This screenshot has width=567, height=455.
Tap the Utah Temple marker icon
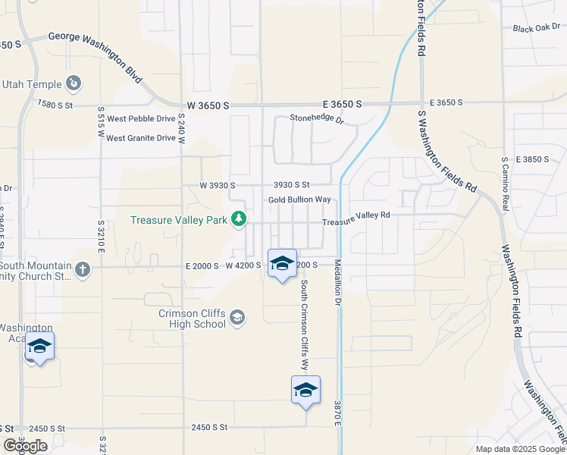[74, 82]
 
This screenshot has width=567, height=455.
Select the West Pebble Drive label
[141, 119]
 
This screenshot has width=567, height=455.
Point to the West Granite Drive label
[141, 138]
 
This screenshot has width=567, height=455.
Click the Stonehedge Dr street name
[317, 119]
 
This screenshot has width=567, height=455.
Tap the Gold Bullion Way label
[300, 199]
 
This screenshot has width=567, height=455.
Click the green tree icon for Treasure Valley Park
[240, 220]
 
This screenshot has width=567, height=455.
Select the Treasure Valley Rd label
[356, 215]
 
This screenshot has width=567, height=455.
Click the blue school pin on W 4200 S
[282, 263]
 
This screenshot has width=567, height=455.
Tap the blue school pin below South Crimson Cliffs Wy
[305, 390]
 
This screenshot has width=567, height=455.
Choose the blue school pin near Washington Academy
[39, 347]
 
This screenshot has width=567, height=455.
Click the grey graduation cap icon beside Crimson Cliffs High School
[237, 317]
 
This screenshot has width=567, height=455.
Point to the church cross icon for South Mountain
[82, 268]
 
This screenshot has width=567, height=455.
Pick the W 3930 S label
[218, 185]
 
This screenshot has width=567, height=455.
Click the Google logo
[25, 446]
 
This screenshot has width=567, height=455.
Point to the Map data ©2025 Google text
[519, 449]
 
